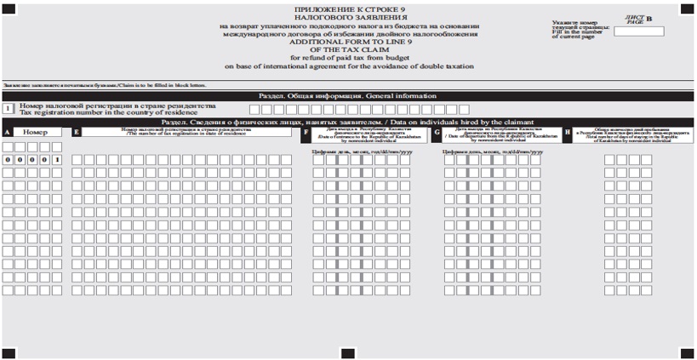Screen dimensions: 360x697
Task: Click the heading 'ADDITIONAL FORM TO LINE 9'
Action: click(348, 42)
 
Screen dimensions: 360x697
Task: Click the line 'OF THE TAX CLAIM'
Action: click(348, 49)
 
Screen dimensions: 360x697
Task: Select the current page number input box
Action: click(638, 31)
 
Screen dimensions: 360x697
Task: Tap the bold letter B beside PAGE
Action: click(648, 17)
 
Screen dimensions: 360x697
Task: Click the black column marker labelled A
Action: click(7, 133)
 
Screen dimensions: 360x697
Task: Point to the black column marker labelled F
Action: click(306, 133)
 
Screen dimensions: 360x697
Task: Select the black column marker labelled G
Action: click(437, 133)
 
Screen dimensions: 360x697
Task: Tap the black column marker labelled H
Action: click(568, 133)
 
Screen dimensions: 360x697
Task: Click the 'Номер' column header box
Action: click(37, 133)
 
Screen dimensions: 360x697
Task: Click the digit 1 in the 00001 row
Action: click(56, 159)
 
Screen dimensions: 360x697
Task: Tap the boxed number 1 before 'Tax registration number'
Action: click(8, 108)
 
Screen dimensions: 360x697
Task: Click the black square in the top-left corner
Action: click(9, 9)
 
